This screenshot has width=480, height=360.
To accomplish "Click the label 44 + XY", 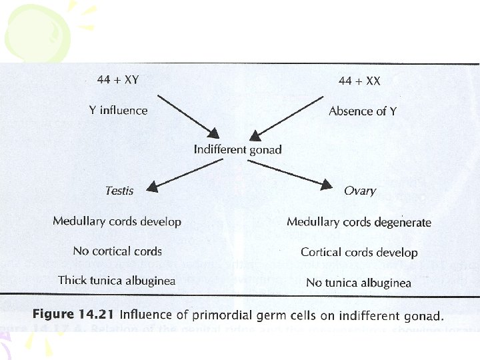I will click(117, 80).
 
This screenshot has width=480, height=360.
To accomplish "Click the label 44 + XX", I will click(360, 81).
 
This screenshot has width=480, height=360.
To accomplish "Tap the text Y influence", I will click(118, 110).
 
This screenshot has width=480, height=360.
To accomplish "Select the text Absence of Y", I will click(363, 111).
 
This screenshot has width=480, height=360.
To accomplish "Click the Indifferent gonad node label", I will click(237, 149).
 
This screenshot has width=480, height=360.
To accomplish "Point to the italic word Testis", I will click(119, 191).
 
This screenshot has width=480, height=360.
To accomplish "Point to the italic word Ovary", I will click(360, 191).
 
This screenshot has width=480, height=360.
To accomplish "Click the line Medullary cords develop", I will click(117, 221).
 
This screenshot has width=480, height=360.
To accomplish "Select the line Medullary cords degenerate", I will click(359, 222).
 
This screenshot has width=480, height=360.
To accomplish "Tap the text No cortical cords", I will click(117, 251).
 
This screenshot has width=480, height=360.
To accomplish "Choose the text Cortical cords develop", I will click(359, 253).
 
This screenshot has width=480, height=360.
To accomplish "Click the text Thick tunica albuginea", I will click(117, 281).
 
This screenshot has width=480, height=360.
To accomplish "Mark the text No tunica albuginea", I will click(359, 283).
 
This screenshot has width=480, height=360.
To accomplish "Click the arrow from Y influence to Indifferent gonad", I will click(189, 113).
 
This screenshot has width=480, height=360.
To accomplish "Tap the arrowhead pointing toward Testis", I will click(153, 187).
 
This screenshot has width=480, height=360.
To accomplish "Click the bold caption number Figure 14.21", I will click(74, 315).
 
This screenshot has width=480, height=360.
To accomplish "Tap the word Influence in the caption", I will click(143, 315).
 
